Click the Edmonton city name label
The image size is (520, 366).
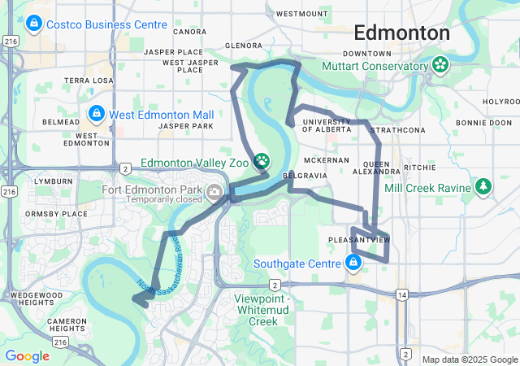[401, 33]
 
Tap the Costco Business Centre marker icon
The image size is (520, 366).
[34, 25]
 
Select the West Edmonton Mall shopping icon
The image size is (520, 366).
[96, 115]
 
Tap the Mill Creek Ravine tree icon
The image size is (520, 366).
[484, 188]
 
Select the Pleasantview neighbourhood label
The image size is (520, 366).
[359, 240]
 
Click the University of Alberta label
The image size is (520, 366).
[326, 125]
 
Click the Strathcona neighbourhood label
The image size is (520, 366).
[397, 130]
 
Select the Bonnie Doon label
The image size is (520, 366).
[483, 123]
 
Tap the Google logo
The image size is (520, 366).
[27, 356]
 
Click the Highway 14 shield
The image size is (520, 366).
[401, 294]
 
